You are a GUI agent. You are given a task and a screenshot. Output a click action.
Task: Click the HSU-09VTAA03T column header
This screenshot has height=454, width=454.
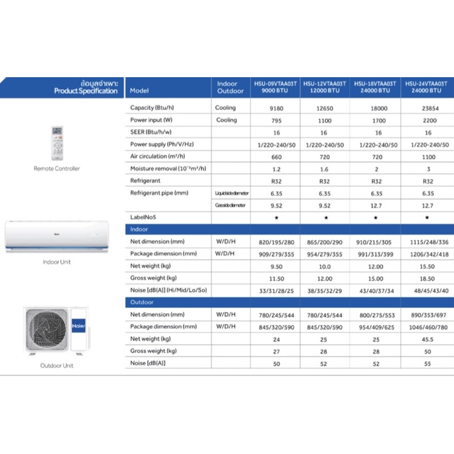(276, 87)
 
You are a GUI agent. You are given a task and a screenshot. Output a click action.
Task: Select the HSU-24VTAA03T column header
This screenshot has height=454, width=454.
(427, 87)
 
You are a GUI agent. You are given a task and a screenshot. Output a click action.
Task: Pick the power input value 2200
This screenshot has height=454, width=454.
(429, 120)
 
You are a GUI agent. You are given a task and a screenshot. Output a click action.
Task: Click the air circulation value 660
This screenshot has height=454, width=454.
(276, 157)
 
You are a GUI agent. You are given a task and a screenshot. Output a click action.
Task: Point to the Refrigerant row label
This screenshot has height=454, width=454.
(146, 181)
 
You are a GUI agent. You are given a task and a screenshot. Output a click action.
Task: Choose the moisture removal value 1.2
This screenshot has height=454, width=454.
(276, 169)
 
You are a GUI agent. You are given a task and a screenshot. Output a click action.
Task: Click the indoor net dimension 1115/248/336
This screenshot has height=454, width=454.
(429, 242)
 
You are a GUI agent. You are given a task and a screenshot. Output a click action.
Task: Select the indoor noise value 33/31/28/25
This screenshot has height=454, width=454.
(276, 290)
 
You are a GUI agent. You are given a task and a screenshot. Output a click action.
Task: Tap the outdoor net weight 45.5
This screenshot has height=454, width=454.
(429, 339)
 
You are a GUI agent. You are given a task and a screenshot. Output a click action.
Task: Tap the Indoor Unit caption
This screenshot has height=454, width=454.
(57, 262)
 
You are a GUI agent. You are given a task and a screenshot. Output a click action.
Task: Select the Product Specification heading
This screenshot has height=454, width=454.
(86, 91)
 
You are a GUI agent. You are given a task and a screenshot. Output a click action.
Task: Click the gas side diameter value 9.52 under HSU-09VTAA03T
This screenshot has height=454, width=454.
(276, 205)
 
